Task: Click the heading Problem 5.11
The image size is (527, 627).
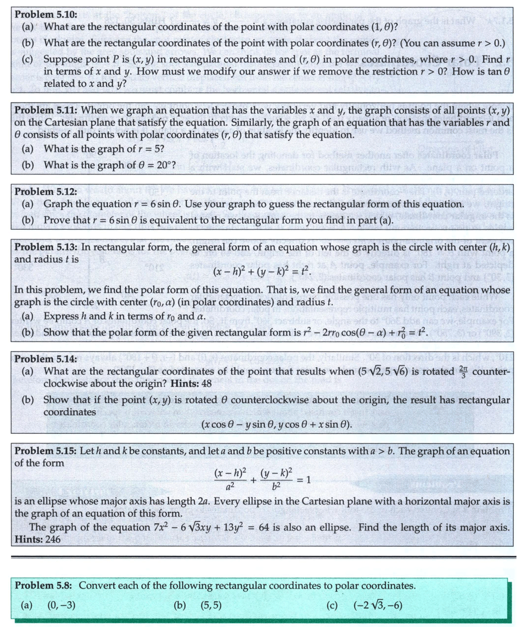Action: pyautogui.click(x=46, y=110)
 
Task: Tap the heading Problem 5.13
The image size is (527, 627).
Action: pyautogui.click(x=46, y=247)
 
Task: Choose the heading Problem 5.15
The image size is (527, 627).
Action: pyautogui.click(x=46, y=451)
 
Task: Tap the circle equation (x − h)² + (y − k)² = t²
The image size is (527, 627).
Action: pyautogui.click(x=263, y=272)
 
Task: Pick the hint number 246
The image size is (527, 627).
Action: pyautogui.click(x=53, y=539)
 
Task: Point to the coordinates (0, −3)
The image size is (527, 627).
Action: pyautogui.click(x=61, y=605)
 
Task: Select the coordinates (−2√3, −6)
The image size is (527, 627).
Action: pyautogui.click(x=379, y=605)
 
